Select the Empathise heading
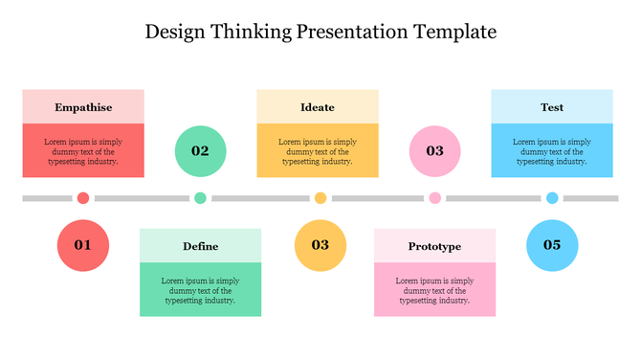point(83,107)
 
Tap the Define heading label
point(201,246)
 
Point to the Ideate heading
point(318,107)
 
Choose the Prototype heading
point(434,246)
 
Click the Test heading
point(552,107)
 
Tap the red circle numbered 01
point(83,245)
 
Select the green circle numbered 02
point(201,150)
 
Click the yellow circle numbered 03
point(320,245)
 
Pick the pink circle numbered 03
point(435,150)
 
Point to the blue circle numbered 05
point(552,245)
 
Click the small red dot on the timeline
point(83,198)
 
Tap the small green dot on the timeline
point(200,198)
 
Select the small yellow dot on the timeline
point(320,198)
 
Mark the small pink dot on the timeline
point(435,198)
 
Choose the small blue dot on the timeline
point(552,198)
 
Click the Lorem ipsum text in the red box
point(83,151)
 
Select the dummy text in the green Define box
point(201,290)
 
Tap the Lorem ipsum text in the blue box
point(552,151)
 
